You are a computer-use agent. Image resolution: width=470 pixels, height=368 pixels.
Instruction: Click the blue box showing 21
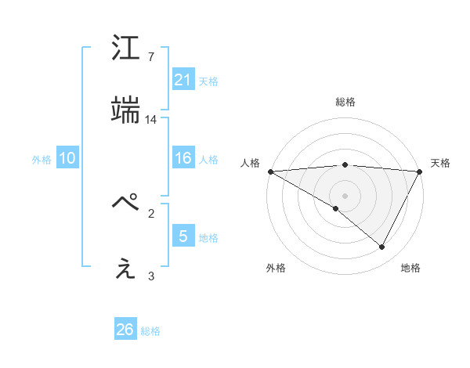pos(183,79)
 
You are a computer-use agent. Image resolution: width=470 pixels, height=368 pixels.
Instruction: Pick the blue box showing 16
pos(183,158)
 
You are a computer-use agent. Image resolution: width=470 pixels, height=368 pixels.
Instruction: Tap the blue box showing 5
pos(183,236)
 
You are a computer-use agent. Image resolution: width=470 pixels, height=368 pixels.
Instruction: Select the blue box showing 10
pos(67,158)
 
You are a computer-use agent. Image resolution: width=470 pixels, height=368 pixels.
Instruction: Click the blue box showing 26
pos(125,330)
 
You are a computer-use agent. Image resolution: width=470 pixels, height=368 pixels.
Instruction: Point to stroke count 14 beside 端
pos(151,120)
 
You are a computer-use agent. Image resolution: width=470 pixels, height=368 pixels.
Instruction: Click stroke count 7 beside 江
pos(151,57)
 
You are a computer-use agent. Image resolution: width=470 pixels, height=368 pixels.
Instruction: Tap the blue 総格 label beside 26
pos(150,331)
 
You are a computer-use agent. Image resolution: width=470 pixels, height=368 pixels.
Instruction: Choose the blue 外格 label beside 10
pos(42,160)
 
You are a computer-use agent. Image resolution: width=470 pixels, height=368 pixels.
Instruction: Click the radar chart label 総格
pos(345,103)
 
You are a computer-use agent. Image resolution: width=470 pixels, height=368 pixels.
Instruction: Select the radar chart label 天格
pos(440,163)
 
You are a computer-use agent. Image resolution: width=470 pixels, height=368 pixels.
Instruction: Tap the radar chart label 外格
pos(276,268)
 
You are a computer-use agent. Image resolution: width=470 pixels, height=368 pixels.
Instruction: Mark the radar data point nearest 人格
pos(270,171)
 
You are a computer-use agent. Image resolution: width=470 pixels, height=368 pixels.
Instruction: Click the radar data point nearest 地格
pos(382,247)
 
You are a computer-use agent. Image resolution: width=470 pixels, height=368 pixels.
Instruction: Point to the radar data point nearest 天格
pos(419,171)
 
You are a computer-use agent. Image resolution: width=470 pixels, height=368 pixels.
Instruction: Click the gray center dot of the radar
pos(345,195)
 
